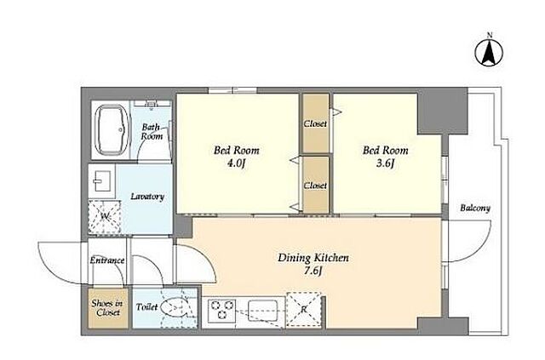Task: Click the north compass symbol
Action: [489, 53]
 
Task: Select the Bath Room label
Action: [152, 132]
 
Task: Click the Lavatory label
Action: [147, 197]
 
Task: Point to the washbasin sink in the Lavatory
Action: [102, 180]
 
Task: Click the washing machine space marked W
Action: [105, 217]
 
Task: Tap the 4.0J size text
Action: [237, 163]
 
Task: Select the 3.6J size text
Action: [386, 163]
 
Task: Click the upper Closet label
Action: [315, 123]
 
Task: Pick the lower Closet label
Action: [315, 186]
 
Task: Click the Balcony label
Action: [475, 209]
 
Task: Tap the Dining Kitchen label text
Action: [313, 258]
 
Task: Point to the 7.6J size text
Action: [313, 271]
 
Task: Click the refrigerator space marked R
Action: [304, 310]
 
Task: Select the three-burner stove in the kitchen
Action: [221, 311]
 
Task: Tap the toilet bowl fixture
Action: [176, 307]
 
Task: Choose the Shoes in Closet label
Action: [107, 308]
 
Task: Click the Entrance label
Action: [107, 260]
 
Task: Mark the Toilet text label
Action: [146, 307]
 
